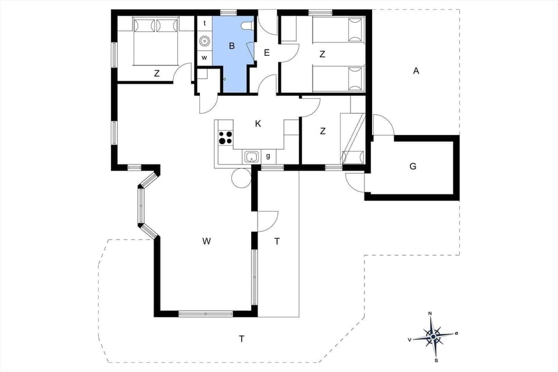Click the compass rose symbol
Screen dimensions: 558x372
[x=434, y=335]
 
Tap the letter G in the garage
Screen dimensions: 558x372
[x=413, y=166]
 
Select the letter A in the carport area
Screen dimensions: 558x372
[x=416, y=71]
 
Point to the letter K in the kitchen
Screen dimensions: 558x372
[x=258, y=123]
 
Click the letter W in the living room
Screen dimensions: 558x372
[x=206, y=241]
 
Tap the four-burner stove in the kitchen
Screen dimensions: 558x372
[x=226, y=138]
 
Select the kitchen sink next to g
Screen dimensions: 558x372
[x=252, y=156]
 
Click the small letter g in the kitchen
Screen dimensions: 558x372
[x=268, y=156]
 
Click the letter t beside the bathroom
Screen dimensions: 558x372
[x=205, y=23]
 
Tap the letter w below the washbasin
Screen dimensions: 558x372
[x=205, y=58]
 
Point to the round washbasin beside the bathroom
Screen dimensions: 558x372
[x=205, y=41]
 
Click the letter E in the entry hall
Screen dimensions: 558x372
[x=267, y=53]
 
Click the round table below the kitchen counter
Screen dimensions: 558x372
[x=241, y=178]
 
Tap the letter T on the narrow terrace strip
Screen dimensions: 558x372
[x=277, y=241]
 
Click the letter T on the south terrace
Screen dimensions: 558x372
[x=241, y=338]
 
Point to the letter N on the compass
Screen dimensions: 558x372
[x=430, y=314]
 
